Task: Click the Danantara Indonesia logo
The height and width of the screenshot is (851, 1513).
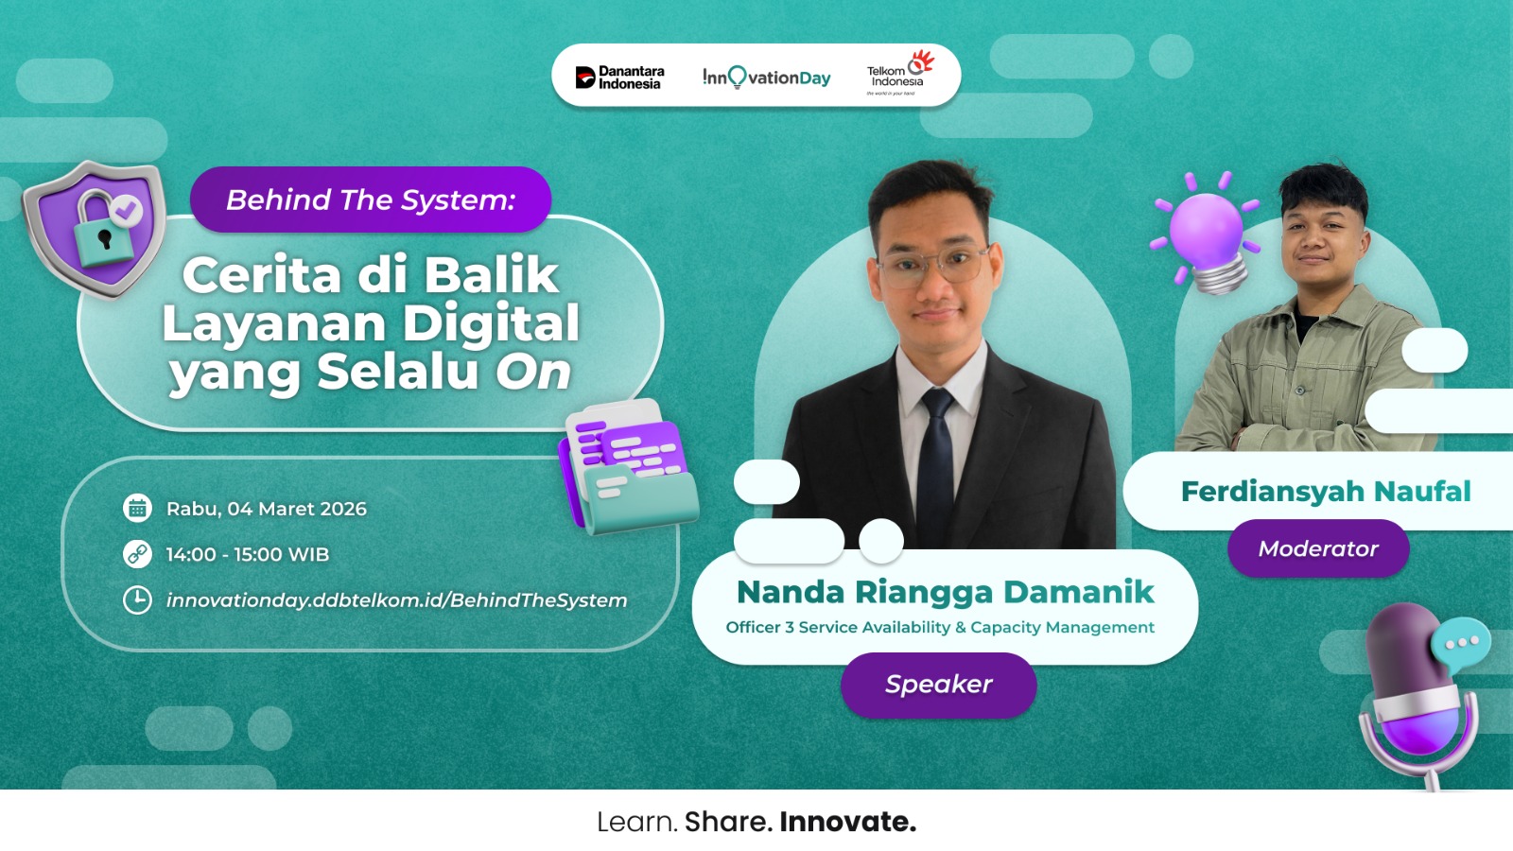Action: click(620, 78)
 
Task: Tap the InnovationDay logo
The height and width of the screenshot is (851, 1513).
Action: click(766, 78)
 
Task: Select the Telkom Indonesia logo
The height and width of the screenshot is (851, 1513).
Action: click(898, 74)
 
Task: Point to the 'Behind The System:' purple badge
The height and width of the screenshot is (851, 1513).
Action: click(371, 200)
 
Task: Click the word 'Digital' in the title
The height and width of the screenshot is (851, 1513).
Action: click(491, 323)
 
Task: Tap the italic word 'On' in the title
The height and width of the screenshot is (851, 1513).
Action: click(534, 372)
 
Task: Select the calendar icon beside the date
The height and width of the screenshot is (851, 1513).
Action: click(137, 509)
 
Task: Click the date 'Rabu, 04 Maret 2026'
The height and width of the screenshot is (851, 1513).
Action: click(267, 509)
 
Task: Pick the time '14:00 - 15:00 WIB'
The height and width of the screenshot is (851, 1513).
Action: click(248, 555)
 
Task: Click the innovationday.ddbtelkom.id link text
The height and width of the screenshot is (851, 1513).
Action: click(396, 600)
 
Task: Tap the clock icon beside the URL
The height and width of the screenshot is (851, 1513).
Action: click(137, 600)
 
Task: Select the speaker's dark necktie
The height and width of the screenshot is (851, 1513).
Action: click(936, 454)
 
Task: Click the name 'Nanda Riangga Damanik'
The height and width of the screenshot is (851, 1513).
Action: click(945, 592)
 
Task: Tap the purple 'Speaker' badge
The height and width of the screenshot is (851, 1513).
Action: click(938, 685)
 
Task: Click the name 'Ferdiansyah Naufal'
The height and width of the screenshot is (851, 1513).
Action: click(1326, 492)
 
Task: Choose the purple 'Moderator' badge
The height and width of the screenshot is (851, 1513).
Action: click(1318, 549)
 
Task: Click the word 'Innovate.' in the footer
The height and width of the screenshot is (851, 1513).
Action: click(847, 822)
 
